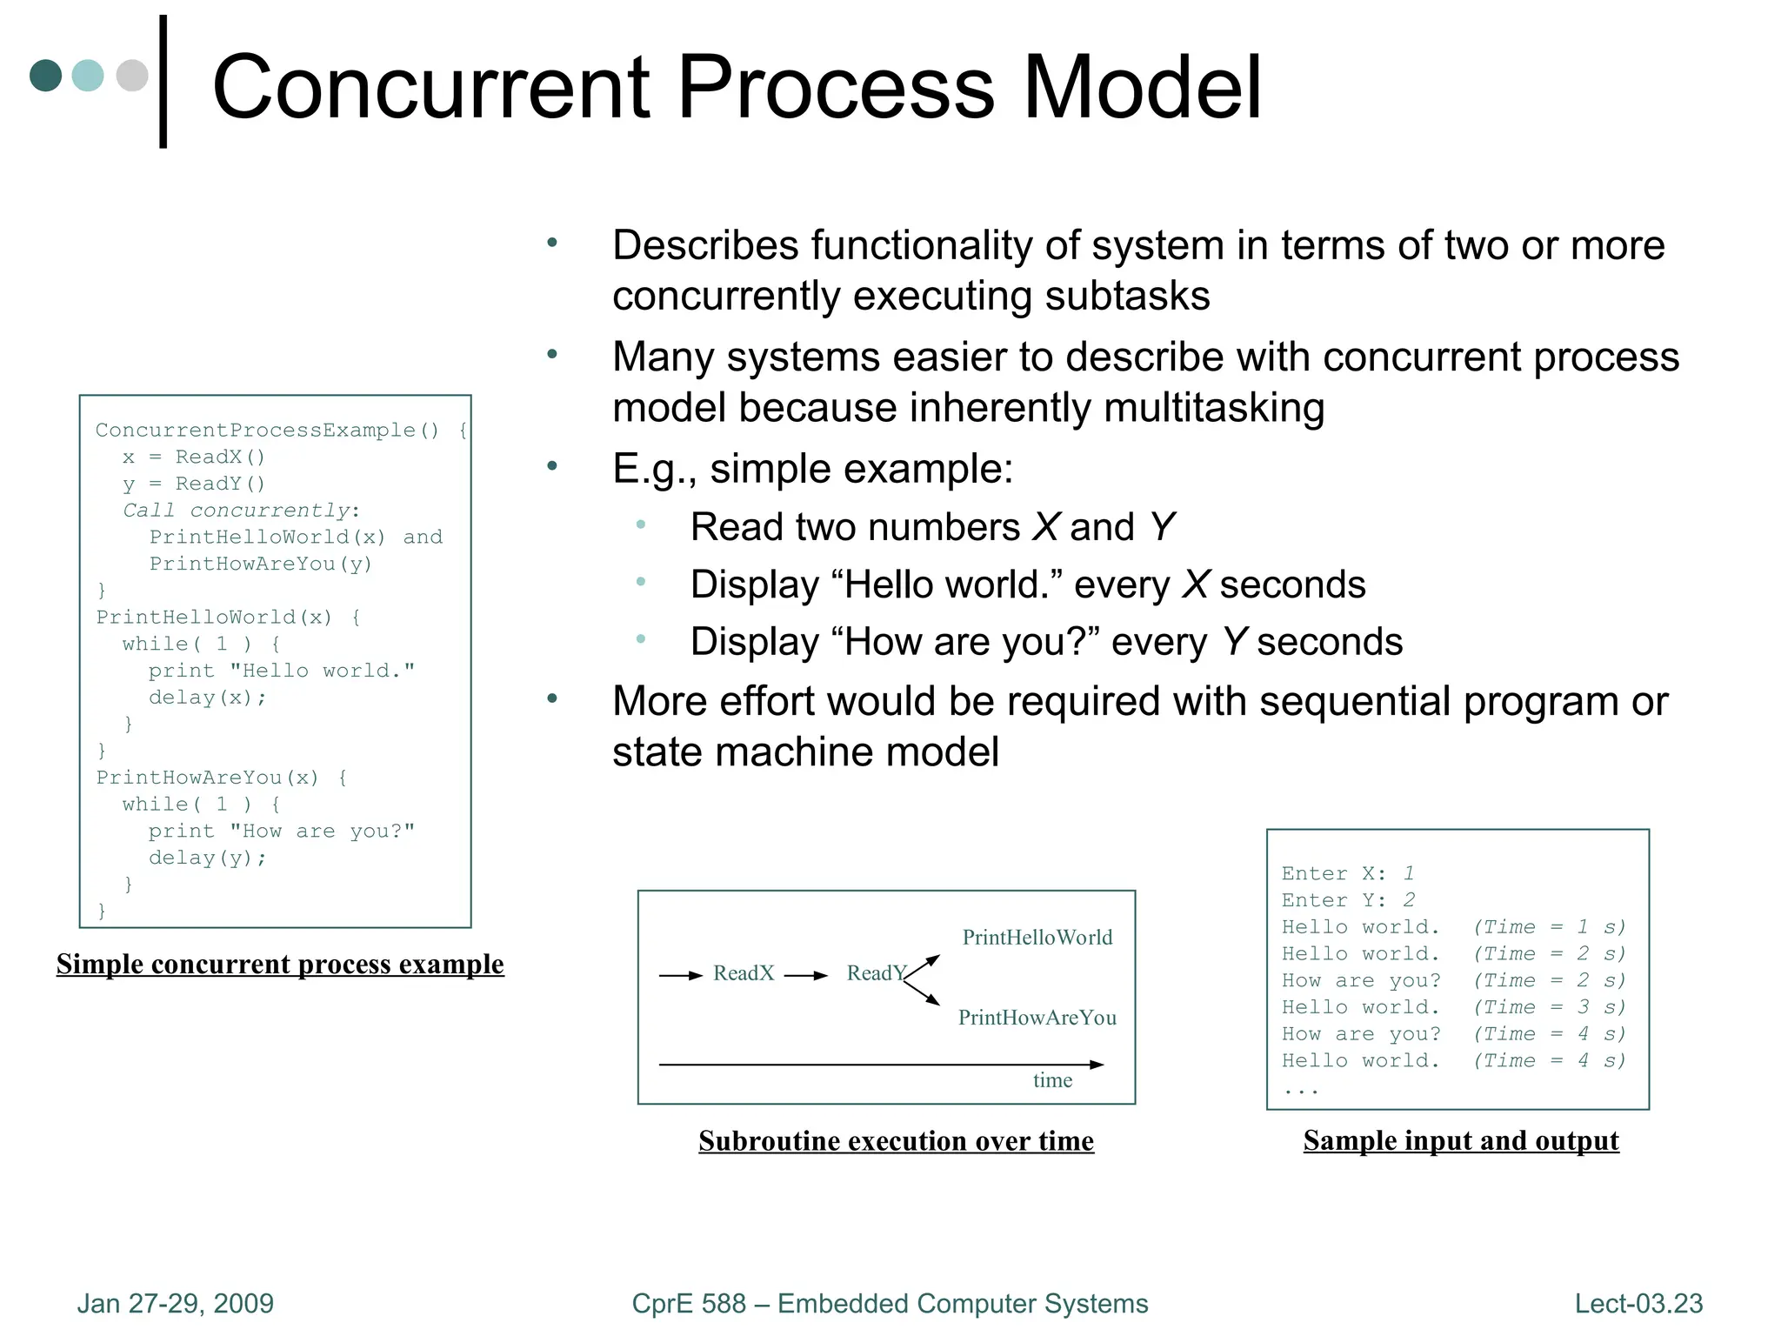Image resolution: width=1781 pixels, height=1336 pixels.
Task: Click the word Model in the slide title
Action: pyautogui.click(x=1141, y=87)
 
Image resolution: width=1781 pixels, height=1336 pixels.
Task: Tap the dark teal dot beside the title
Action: pyautogui.click(x=45, y=75)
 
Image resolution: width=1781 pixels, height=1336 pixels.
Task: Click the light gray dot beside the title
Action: pyautogui.click(x=132, y=75)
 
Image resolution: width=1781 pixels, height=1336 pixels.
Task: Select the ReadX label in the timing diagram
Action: pyautogui.click(x=744, y=973)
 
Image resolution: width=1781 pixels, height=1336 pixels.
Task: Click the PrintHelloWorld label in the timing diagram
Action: pyautogui.click(x=1037, y=938)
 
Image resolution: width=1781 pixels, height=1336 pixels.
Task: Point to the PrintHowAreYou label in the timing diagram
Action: pyautogui.click(x=1037, y=1018)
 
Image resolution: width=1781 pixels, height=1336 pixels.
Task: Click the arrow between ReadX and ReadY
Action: pyautogui.click(x=806, y=976)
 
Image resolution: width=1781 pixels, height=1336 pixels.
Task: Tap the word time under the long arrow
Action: pyautogui.click(x=1052, y=1080)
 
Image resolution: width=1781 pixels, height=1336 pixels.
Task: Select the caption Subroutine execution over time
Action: pyautogui.click(x=896, y=1140)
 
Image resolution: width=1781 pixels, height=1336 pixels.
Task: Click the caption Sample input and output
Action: pyautogui.click(x=1461, y=1140)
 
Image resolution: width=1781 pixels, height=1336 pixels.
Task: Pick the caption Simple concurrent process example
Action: pyautogui.click(x=280, y=964)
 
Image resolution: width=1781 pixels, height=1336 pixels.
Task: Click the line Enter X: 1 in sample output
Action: pyautogui.click(x=1348, y=873)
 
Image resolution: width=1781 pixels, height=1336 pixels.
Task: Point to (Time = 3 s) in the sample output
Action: pyautogui.click(x=1549, y=1007)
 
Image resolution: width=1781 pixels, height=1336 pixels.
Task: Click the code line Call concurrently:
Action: pyautogui.click(x=241, y=511)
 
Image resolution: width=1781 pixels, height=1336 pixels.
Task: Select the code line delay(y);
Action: pyautogui.click(x=208, y=858)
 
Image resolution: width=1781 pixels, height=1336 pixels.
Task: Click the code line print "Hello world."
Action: pyautogui.click(x=281, y=671)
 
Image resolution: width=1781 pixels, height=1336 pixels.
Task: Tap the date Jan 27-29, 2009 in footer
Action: pyautogui.click(x=175, y=1303)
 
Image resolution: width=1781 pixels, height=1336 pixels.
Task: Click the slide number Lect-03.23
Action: pyautogui.click(x=1638, y=1303)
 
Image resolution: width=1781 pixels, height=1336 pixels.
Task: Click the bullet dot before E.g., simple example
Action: pyautogui.click(x=551, y=466)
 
